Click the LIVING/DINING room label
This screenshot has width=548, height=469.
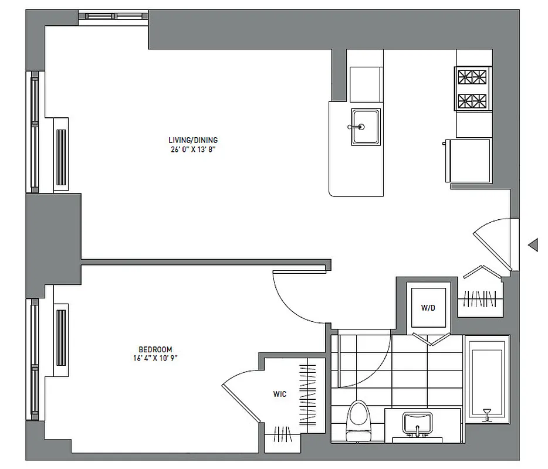[x=192, y=140]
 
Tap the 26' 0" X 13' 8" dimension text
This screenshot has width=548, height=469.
[x=192, y=149]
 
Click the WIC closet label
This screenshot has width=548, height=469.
[x=280, y=395]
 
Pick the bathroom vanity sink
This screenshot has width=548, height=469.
[x=417, y=423]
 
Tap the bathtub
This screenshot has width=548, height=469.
[x=486, y=378]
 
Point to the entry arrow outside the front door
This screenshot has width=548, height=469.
[x=533, y=245]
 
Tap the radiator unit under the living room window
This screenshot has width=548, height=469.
[x=61, y=154]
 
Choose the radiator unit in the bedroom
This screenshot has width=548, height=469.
[x=61, y=334]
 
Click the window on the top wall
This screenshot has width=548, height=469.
[x=113, y=16]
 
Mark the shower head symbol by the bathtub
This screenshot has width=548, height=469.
[x=486, y=414]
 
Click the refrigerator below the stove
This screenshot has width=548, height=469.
[x=469, y=161]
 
